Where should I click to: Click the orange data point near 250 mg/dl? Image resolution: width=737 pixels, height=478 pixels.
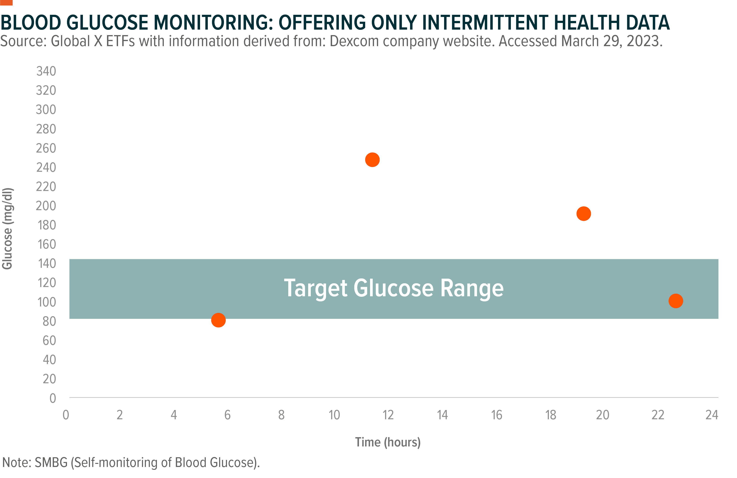pyautogui.click(x=372, y=160)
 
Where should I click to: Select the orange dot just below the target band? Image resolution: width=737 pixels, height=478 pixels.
pyautogui.click(x=218, y=320)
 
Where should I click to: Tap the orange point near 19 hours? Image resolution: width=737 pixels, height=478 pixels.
pyautogui.click(x=584, y=214)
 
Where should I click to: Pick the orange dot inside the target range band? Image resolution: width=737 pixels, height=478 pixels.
pyautogui.click(x=676, y=301)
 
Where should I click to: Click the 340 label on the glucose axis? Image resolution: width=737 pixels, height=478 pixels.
pyautogui.click(x=46, y=71)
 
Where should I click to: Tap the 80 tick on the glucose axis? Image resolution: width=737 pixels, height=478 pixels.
pyautogui.click(x=49, y=321)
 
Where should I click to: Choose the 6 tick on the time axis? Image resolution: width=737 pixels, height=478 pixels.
pyautogui.click(x=227, y=415)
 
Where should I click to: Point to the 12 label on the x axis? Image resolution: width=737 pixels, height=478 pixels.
pyautogui.click(x=388, y=415)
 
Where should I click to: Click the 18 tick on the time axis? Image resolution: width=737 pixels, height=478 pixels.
pyautogui.click(x=551, y=415)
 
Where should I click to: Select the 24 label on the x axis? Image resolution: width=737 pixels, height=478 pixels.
pyautogui.click(x=712, y=415)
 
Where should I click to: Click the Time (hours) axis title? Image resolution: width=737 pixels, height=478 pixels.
pyautogui.click(x=388, y=442)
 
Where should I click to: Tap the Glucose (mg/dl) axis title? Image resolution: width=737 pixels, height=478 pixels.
pyautogui.click(x=8, y=229)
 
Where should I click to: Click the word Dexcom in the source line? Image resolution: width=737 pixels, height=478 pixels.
pyautogui.click(x=354, y=41)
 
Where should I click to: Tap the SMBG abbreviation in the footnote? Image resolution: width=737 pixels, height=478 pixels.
pyautogui.click(x=51, y=463)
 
